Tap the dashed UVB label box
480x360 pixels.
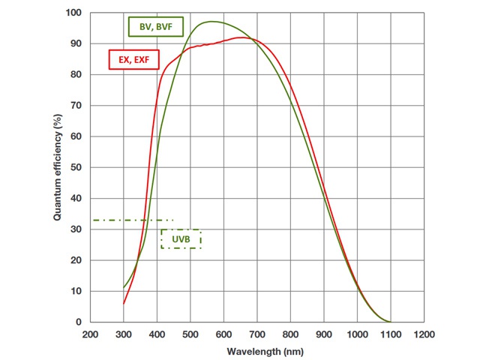click(x=181, y=238)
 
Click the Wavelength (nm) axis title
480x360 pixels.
click(x=256, y=350)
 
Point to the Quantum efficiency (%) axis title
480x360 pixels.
click(x=57, y=166)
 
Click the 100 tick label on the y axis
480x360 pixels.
click(x=73, y=13)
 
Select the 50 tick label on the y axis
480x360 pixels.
click(x=75, y=167)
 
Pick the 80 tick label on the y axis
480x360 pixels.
click(x=75, y=74)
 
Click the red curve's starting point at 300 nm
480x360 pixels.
click(x=124, y=303)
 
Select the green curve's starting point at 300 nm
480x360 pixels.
click(x=124, y=287)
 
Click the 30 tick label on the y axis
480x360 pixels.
click(x=75, y=229)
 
